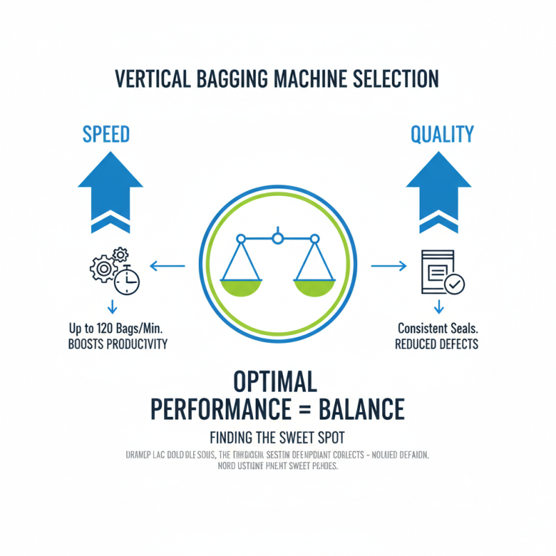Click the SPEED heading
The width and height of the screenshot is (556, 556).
click(x=106, y=134)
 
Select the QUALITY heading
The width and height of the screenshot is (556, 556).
click(x=442, y=134)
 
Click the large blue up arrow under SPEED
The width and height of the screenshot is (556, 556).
click(x=111, y=188)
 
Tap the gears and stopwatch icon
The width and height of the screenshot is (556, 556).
click(x=115, y=272)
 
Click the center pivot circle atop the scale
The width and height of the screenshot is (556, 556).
click(x=277, y=239)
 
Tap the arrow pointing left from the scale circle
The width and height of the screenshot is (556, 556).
click(x=167, y=265)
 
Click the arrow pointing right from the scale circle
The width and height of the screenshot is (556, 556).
click(x=388, y=265)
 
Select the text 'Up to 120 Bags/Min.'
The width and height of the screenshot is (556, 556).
click(x=115, y=327)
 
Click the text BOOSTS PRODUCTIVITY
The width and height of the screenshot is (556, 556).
click(x=117, y=344)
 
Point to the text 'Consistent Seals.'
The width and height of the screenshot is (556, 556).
click(x=436, y=327)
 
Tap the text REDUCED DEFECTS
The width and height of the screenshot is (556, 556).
click(x=436, y=344)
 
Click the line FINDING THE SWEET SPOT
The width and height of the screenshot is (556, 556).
click(x=277, y=439)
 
